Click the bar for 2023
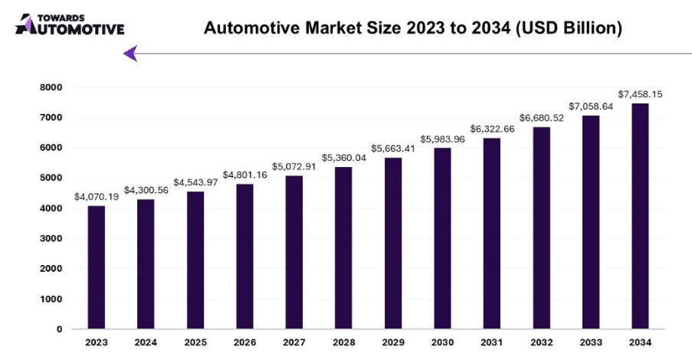pyautogui.click(x=97, y=267)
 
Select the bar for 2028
pyautogui.click(x=343, y=248)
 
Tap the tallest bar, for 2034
pyautogui.click(x=640, y=216)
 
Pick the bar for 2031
pyautogui.click(x=492, y=234)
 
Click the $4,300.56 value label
pyautogui.click(x=146, y=190)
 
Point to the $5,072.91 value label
pyautogui.click(x=294, y=166)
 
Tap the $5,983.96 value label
pyautogui.click(x=442, y=139)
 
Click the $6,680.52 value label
pyautogui.click(x=542, y=118)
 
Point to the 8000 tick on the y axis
pyautogui.click(x=51, y=87)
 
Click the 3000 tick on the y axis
pyautogui.click(x=51, y=238)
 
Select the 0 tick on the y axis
pyautogui.click(x=59, y=329)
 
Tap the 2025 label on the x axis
pyautogui.click(x=195, y=342)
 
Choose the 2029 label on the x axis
pyautogui.click(x=393, y=342)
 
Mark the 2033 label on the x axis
pyautogui.click(x=591, y=342)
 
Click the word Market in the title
pyautogui.click(x=336, y=28)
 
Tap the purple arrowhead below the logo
pyautogui.click(x=130, y=54)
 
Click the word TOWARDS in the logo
pyautogui.click(x=61, y=18)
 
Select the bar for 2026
pyautogui.click(x=244, y=257)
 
